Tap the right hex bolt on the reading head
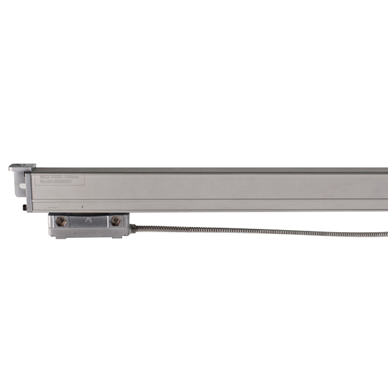point(115,221)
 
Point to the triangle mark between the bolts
point(88,220)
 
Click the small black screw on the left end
point(25,207)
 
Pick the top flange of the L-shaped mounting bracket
point(18,167)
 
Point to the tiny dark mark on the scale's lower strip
point(82,206)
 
